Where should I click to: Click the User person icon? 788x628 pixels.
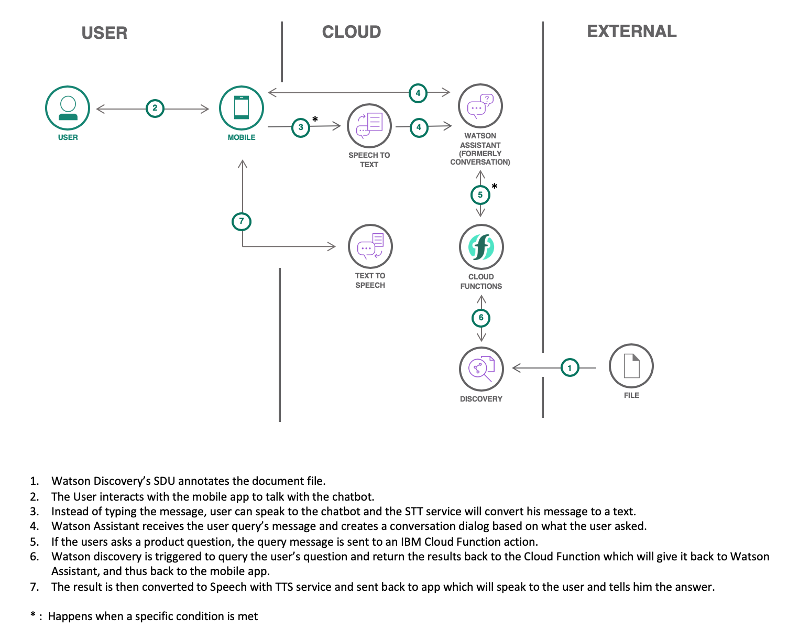[x=68, y=108]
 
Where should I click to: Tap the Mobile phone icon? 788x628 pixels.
[x=241, y=108]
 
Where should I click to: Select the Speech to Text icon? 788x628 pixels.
[x=369, y=126]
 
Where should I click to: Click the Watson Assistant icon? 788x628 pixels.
[x=480, y=106]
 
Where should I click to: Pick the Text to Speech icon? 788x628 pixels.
[x=370, y=246]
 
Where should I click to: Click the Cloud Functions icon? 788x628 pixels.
[x=481, y=247]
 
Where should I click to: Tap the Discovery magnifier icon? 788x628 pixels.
[x=481, y=369]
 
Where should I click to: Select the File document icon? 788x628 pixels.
[x=631, y=366]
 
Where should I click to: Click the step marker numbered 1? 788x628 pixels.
[x=570, y=368]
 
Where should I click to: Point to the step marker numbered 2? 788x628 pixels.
[x=155, y=109]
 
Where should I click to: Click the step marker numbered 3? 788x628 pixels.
[x=301, y=127]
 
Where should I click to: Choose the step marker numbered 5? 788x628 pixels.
[x=480, y=195]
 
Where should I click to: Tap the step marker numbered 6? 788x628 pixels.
[x=481, y=318]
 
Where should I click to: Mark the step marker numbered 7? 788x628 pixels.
[x=242, y=221]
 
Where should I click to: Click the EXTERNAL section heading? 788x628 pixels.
[x=631, y=31]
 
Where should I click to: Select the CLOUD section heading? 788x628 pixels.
[x=351, y=32]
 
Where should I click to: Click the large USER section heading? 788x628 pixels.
[x=104, y=33]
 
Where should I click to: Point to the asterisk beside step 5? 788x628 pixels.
[x=494, y=187]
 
